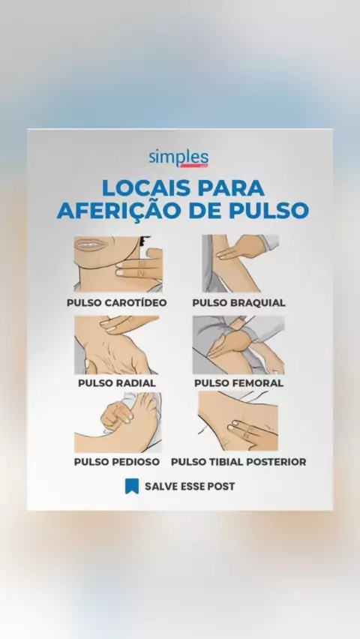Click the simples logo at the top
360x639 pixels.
point(178,158)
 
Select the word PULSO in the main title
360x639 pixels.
point(268,211)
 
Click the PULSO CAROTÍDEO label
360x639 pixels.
point(117,303)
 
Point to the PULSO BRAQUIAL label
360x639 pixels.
point(239,303)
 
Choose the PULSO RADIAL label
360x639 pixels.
point(117,383)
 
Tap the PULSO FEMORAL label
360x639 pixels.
point(239,383)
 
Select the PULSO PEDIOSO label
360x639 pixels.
point(116,462)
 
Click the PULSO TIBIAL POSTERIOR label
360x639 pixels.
point(238,462)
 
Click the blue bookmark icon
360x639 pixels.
point(132,486)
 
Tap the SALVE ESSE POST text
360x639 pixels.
point(190,486)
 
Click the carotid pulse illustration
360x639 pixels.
point(118,264)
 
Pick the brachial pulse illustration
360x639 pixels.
point(241,263)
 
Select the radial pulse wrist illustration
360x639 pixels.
point(116,345)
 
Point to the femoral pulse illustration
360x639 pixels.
point(238,345)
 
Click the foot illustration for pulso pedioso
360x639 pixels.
point(118,422)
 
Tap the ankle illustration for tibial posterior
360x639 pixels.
point(238,421)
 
